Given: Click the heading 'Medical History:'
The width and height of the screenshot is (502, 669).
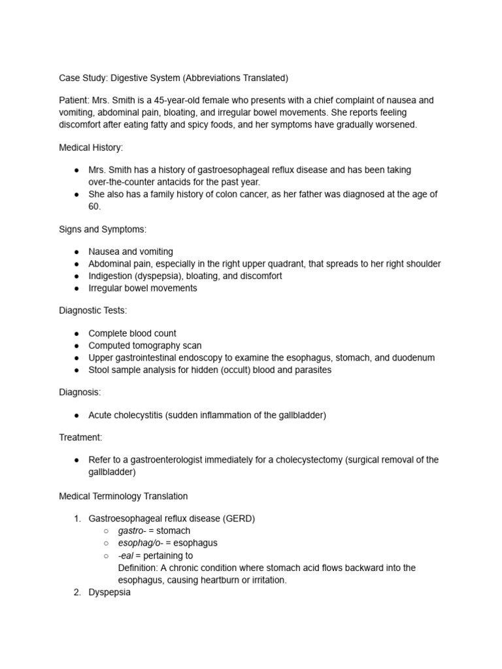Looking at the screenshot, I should [x=91, y=148].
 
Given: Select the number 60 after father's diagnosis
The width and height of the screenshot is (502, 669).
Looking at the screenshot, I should [x=94, y=206].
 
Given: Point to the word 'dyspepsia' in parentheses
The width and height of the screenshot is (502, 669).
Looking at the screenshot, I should [x=156, y=276].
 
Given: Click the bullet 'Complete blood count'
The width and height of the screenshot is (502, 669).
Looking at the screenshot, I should [x=132, y=333].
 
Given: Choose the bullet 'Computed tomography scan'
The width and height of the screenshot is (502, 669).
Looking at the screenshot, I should [x=144, y=346].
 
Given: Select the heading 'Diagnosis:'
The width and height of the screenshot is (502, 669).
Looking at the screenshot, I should [x=80, y=392].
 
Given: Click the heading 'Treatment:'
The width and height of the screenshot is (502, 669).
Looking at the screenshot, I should [x=80, y=437].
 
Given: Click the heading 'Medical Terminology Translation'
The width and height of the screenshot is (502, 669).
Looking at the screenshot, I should [x=123, y=496].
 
